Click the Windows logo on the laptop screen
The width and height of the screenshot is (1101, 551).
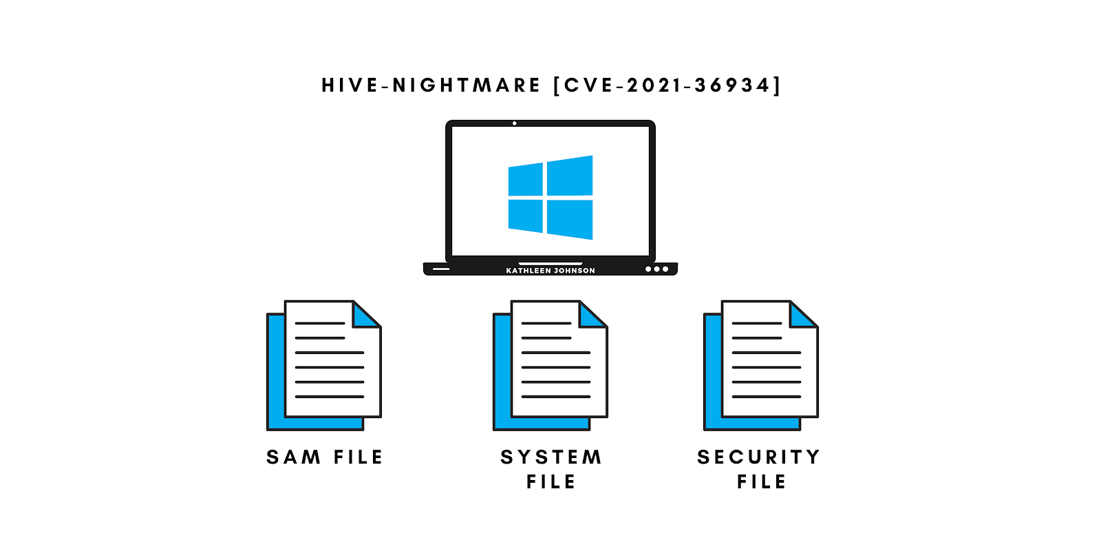(x=550, y=198)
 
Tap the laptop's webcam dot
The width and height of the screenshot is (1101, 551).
(x=515, y=124)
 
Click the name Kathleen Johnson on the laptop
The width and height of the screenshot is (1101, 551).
(x=550, y=271)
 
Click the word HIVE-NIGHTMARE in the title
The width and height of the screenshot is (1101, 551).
(x=431, y=85)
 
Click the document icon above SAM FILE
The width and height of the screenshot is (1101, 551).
(x=325, y=365)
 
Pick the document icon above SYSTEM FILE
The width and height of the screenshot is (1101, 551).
(x=550, y=365)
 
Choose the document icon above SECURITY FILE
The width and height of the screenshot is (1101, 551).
(x=761, y=365)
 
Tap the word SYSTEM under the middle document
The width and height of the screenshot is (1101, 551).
(x=551, y=457)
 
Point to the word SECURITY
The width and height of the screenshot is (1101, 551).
(x=758, y=457)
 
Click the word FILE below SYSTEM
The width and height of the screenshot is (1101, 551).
(x=551, y=482)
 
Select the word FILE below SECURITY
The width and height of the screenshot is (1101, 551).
(x=761, y=482)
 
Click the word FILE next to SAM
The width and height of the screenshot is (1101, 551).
(x=358, y=457)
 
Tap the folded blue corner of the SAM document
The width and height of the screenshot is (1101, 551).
(x=365, y=315)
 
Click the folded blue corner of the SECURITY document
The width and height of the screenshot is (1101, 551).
(x=802, y=315)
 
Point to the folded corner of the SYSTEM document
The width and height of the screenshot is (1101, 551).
(x=591, y=315)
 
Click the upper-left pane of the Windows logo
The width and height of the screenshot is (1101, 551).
(x=526, y=180)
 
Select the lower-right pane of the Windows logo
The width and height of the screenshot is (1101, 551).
(x=570, y=219)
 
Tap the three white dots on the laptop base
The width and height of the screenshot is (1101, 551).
(x=656, y=269)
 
